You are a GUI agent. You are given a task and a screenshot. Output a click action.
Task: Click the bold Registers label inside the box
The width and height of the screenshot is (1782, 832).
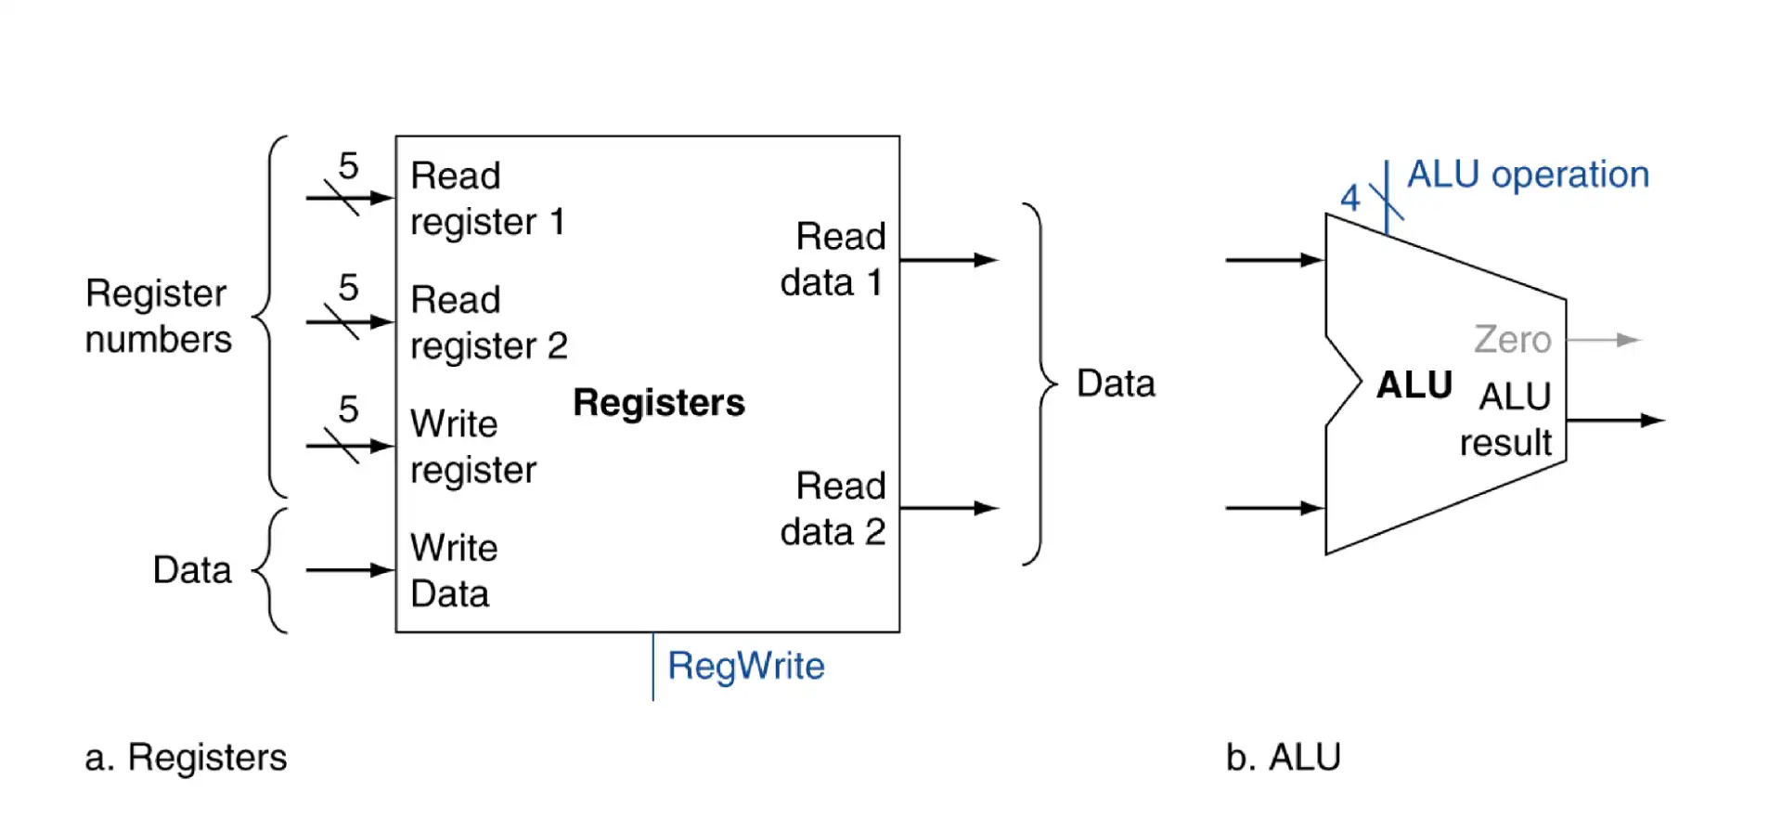658,402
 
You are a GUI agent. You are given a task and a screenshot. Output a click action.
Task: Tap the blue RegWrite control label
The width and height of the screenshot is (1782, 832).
745,666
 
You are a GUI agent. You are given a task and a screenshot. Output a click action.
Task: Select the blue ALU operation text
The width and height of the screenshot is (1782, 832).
1528,175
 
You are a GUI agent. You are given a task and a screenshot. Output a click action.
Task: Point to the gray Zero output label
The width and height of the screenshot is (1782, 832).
1512,340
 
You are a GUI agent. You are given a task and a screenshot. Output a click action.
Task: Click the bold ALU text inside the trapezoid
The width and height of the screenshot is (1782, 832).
1414,384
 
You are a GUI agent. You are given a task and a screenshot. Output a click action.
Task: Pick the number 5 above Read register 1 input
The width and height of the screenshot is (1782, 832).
348,166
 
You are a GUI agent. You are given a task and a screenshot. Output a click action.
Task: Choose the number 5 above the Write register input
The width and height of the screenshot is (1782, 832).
348,409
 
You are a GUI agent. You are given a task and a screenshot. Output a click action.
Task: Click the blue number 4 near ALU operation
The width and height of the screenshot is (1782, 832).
1349,198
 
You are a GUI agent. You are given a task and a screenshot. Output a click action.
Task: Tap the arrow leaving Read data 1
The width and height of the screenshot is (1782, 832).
949,260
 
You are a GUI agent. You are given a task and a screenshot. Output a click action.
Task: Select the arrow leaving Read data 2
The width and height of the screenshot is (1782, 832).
949,508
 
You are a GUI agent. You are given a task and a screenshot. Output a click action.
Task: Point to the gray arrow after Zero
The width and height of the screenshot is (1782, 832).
1605,340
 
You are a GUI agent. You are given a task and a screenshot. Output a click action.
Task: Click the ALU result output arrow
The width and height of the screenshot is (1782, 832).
1615,421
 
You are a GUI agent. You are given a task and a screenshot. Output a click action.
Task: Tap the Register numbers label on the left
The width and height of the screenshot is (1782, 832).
158,317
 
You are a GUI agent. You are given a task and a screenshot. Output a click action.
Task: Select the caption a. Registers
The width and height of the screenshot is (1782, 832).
186,758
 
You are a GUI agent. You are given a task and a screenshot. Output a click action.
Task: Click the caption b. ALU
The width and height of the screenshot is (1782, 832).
1283,758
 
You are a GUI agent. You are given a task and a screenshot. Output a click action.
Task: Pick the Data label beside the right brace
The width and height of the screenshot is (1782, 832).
1116,383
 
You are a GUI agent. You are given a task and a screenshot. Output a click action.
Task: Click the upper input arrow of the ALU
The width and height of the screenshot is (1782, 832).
1274,260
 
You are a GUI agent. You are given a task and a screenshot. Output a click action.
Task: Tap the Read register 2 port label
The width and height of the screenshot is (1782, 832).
487,323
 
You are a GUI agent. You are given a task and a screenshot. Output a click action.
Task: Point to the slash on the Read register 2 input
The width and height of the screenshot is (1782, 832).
342,322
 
